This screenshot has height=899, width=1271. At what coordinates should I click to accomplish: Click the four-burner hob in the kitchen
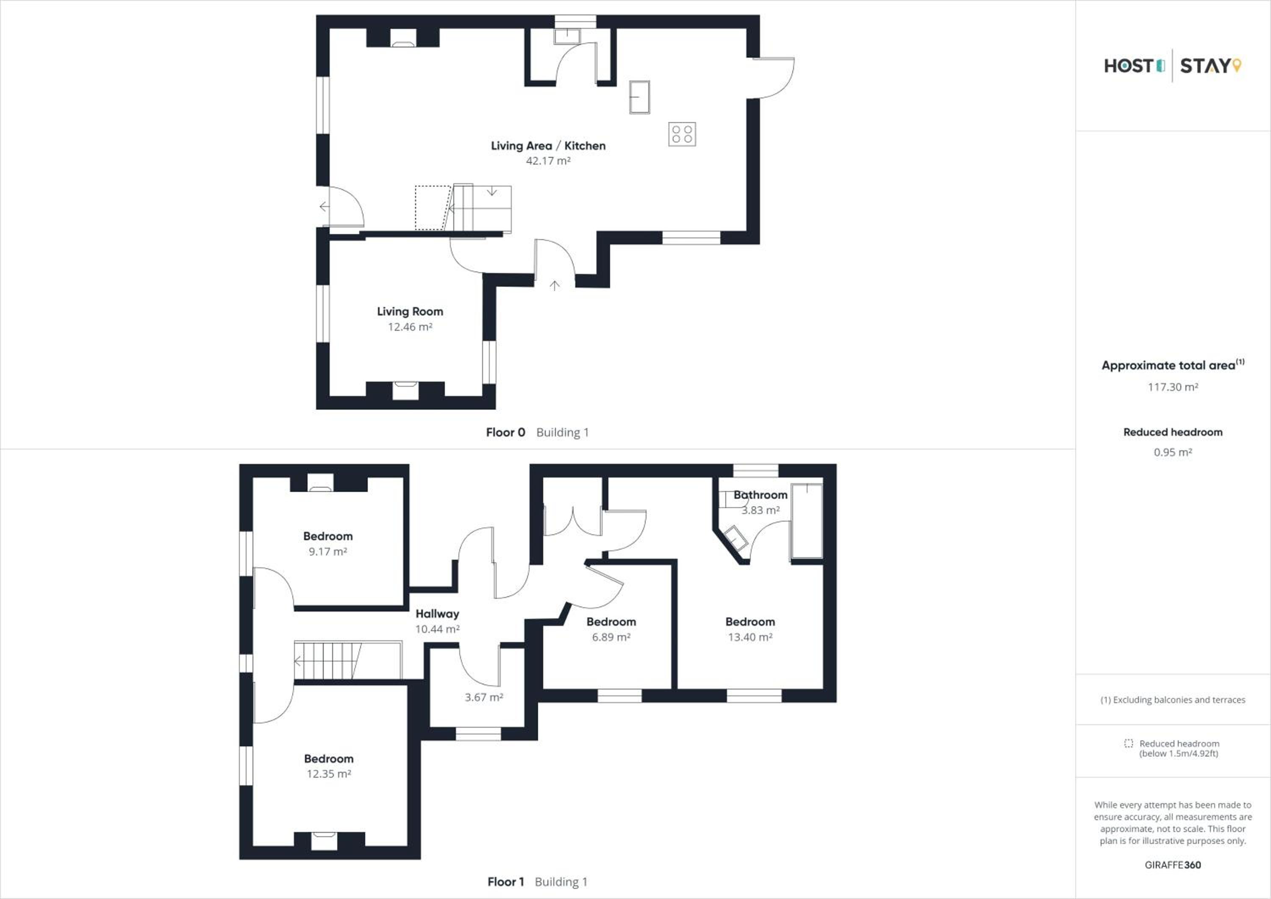click(x=682, y=134)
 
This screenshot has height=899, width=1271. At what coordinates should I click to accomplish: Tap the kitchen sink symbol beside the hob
click(x=639, y=97)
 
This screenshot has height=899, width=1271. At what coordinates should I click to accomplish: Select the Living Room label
click(x=410, y=311)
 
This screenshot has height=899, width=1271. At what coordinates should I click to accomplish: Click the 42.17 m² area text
click(x=548, y=161)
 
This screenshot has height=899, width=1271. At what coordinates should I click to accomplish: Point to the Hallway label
click(x=437, y=614)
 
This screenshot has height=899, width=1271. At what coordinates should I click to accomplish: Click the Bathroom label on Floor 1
click(x=760, y=494)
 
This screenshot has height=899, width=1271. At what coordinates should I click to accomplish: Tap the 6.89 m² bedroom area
click(x=611, y=637)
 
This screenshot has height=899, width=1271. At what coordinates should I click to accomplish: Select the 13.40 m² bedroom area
click(x=750, y=637)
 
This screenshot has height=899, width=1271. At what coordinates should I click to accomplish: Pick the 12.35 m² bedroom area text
click(x=329, y=774)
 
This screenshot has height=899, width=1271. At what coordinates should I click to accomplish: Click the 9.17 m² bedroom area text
click(x=328, y=552)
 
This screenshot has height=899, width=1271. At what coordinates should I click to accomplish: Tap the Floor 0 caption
click(x=505, y=432)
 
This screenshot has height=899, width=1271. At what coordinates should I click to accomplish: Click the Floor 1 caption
click(x=505, y=882)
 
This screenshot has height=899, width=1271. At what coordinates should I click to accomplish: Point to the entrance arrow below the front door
click(x=555, y=285)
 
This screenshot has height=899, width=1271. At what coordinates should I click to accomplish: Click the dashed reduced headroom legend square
click(x=1129, y=743)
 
